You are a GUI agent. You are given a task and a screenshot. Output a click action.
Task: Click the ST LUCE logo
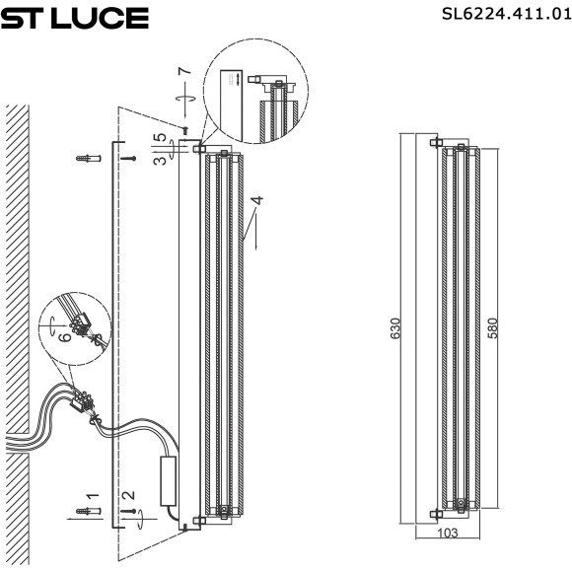click(x=74, y=18)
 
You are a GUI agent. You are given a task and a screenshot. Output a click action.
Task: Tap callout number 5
click(x=161, y=139)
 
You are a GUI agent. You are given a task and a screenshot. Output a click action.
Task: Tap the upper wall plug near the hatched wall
click(x=90, y=158)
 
